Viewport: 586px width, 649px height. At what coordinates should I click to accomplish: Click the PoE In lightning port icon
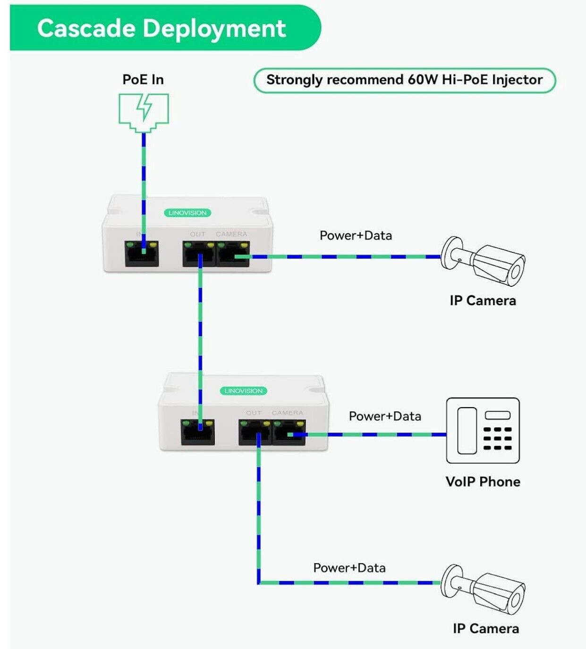[144, 112]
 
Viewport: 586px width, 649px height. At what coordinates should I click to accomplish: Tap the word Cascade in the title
[86, 28]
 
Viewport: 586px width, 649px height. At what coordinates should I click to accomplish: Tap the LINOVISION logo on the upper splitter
[187, 213]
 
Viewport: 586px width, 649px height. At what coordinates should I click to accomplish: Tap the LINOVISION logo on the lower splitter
[243, 391]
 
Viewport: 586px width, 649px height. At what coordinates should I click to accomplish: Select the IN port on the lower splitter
[197, 432]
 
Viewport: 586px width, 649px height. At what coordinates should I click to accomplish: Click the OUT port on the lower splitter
[255, 432]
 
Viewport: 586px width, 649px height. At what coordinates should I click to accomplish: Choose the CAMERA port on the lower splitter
[289, 432]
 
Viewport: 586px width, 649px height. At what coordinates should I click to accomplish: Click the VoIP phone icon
[483, 430]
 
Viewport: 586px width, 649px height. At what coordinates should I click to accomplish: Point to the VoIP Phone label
[483, 482]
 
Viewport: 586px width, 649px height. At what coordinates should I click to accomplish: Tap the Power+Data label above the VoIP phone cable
[385, 416]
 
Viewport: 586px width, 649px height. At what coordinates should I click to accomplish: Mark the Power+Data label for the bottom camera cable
[349, 568]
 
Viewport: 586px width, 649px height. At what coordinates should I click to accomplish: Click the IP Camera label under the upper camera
[483, 300]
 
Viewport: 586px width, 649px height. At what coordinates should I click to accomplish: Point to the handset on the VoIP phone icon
[467, 430]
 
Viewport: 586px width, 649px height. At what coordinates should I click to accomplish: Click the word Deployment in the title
[214, 28]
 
